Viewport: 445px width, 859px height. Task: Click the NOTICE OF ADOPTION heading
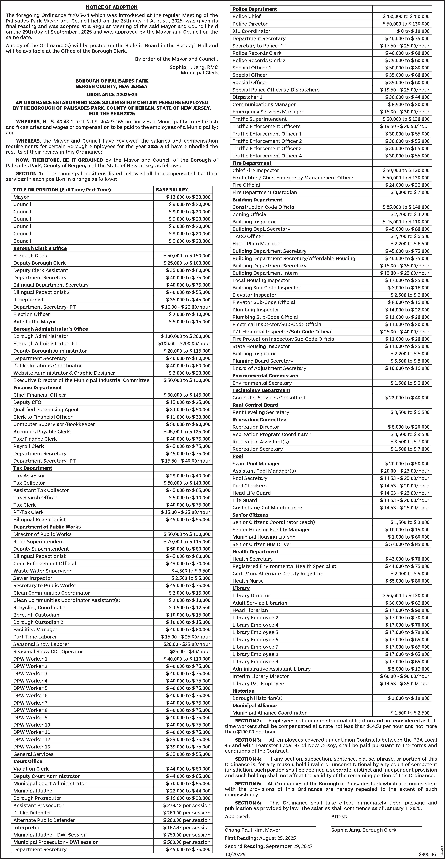(112, 7)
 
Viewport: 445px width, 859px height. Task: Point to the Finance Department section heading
(38, 387)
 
